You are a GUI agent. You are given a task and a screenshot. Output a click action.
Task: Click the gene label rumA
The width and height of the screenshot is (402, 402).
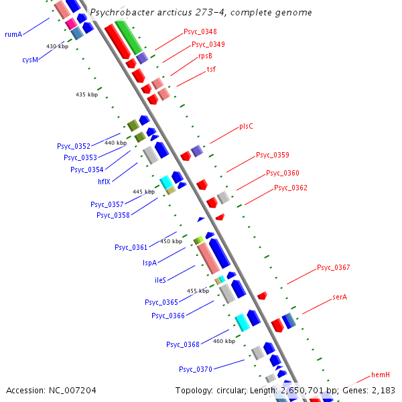13,33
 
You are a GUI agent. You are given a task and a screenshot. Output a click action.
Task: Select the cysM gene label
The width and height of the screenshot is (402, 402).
29,60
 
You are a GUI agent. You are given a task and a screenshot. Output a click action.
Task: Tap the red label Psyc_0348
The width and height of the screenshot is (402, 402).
200,32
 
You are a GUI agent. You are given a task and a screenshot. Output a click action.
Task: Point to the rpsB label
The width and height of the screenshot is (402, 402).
205,57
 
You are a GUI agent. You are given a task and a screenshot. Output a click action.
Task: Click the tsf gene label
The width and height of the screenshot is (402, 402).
210,69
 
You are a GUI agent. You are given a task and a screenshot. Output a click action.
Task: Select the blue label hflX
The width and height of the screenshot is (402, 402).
104,181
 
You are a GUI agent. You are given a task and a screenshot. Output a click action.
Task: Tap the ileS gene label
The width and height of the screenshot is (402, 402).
160,280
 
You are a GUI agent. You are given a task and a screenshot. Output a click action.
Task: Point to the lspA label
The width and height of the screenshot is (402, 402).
149,263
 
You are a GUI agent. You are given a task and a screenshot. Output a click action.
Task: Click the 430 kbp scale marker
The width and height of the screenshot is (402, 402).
57,46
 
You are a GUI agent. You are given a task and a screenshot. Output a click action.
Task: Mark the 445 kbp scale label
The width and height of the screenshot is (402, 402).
143,192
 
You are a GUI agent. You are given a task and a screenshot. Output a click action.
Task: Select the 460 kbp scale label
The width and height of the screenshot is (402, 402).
224,341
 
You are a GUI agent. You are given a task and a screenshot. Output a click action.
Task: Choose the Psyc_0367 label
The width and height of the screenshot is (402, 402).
333,268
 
